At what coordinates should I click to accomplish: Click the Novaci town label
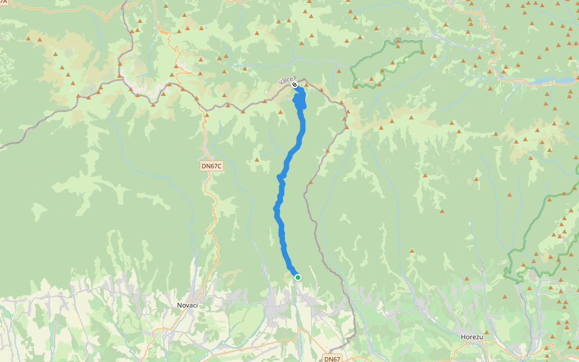click(188, 305)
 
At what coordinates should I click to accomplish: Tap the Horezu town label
click(471, 337)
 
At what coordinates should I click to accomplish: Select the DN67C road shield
click(212, 165)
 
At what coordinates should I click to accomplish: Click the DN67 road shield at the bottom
click(332, 358)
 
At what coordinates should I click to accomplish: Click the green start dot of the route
click(297, 277)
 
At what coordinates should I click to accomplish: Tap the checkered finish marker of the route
click(294, 85)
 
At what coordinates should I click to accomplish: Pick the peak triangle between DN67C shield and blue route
click(257, 160)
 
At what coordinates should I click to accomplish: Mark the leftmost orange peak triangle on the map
click(28, 39)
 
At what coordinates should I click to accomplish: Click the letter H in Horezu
click(462, 337)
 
